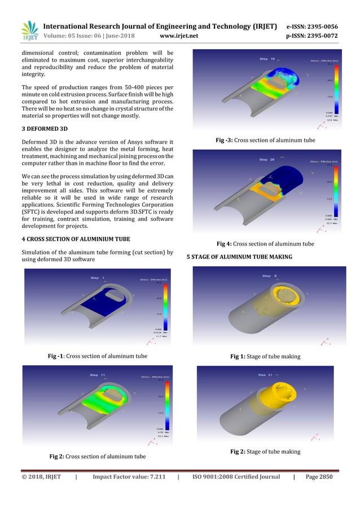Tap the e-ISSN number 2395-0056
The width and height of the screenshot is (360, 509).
(321, 27)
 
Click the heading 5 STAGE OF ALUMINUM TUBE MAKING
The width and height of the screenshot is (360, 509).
(239, 257)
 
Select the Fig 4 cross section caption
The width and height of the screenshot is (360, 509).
(265, 244)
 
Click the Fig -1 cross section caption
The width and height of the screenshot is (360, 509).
(98, 356)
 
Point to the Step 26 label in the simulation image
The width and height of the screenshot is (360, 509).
(267, 160)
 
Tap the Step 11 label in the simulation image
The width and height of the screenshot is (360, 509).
(98, 375)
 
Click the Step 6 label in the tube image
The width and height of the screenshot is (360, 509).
(269, 276)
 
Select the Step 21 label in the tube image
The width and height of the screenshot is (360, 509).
(265, 375)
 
